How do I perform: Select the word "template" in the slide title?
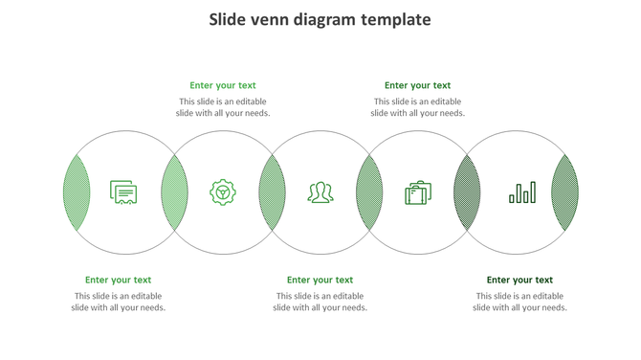[396, 20]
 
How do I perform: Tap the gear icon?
[223, 192]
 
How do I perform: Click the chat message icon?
[123, 192]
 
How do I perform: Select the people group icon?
[320, 192]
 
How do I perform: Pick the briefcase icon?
[418, 192]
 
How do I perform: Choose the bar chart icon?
[522, 192]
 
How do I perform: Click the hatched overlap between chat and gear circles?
[174, 192]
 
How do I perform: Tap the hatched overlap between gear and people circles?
[272, 192]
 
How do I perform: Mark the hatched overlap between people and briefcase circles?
[369, 192]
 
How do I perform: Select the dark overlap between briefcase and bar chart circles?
[467, 192]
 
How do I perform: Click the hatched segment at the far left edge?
[77, 192]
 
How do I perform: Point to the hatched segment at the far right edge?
[565, 192]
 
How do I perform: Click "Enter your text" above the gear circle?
[223, 85]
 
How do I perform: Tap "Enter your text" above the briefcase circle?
[418, 85]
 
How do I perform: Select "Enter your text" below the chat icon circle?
[119, 281]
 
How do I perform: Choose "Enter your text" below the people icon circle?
[320, 281]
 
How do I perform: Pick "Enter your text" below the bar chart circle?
[519, 281]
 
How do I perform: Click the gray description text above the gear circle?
[223, 107]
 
